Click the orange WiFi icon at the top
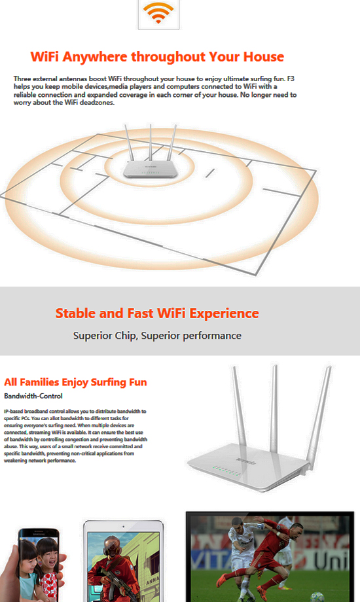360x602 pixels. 158,12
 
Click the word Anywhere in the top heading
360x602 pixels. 95,57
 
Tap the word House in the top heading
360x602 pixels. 264,57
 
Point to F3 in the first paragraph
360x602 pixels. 291,79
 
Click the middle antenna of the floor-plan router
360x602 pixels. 151,143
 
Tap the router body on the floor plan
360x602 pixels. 151,169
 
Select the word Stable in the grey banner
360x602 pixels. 75,313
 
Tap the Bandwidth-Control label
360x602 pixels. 33,396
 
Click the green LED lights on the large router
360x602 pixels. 227,470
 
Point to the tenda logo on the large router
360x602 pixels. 245,461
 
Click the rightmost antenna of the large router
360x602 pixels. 319,417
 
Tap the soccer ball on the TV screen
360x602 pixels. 317,597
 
